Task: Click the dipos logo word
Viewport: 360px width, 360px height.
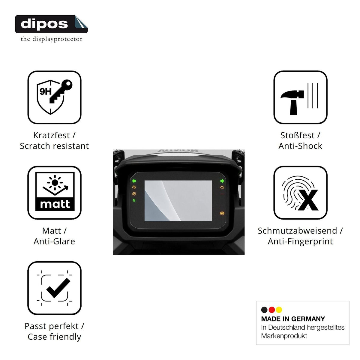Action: (x=44, y=24)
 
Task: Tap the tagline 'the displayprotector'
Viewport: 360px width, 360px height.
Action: (x=52, y=39)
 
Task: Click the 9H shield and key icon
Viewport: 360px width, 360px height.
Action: (x=54, y=97)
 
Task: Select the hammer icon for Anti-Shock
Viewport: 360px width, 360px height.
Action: (x=292, y=102)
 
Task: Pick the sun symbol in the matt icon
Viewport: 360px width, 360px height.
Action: (x=55, y=182)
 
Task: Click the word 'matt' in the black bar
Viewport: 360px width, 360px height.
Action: (x=55, y=204)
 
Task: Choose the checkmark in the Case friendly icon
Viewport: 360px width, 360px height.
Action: (x=58, y=289)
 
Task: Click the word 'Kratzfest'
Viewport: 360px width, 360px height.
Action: (x=51, y=135)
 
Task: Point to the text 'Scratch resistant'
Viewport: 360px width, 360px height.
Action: (x=54, y=146)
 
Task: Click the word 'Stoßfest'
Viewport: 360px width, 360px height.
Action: (x=297, y=135)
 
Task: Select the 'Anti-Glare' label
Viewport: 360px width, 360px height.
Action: (x=54, y=241)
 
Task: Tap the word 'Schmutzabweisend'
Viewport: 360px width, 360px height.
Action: (x=297, y=230)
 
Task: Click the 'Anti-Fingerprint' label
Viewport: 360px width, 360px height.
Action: (x=300, y=241)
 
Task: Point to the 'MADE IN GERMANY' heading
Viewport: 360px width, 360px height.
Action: (x=293, y=319)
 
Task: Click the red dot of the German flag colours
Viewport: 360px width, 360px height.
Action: (x=271, y=310)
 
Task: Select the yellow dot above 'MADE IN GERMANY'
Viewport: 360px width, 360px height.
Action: (x=279, y=310)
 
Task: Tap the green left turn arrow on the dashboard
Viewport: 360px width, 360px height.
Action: (x=134, y=181)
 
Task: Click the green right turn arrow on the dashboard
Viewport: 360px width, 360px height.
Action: (x=222, y=181)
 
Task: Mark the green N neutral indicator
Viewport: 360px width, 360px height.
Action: (x=134, y=200)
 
